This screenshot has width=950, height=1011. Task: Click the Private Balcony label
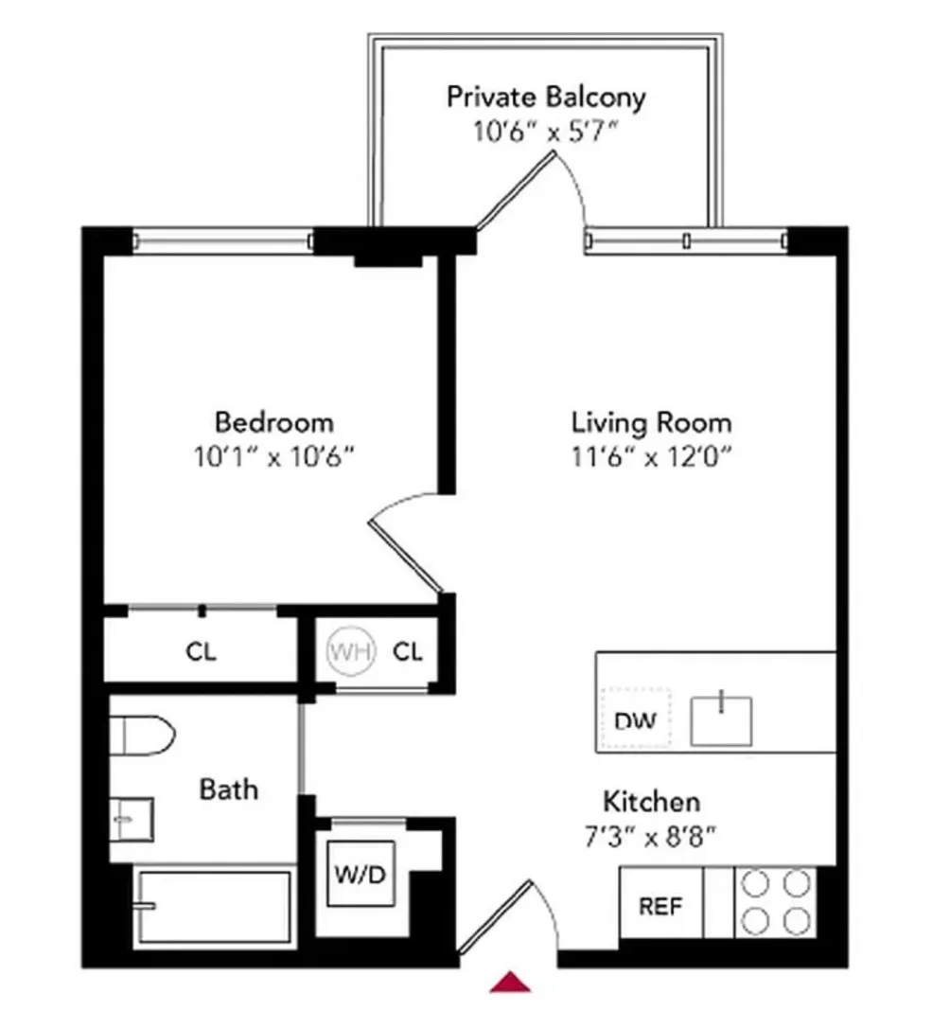(546, 97)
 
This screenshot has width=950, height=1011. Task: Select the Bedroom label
(274, 421)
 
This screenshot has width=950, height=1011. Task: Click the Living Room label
(651, 421)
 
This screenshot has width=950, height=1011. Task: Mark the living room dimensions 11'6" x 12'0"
(651, 456)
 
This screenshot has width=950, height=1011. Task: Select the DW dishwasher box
(636, 720)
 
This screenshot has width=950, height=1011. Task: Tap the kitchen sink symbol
(721, 719)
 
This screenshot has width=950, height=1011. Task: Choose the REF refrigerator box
(661, 905)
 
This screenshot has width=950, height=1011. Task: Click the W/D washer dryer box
(361, 874)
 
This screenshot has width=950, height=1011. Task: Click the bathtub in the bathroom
(212, 906)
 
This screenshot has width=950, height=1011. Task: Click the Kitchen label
(652, 803)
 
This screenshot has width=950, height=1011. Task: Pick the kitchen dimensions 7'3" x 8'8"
(652, 837)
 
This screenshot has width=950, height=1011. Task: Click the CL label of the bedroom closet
(201, 652)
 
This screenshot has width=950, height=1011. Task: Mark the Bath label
(228, 789)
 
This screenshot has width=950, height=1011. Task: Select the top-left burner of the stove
(754, 885)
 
